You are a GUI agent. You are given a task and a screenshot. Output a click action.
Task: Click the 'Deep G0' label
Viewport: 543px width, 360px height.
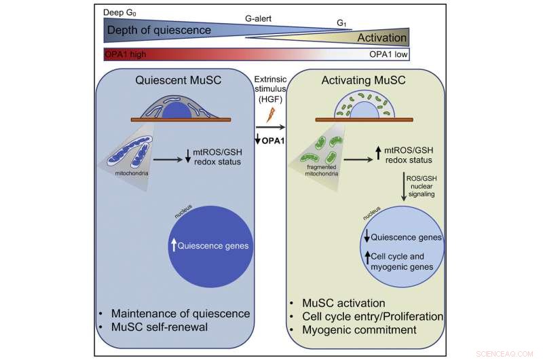(x=119, y=12)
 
